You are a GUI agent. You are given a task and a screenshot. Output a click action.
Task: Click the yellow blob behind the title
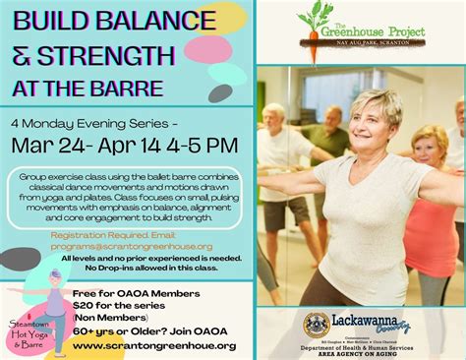(x=222, y=17)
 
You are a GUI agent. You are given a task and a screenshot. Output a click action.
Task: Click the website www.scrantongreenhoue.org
(x=154, y=345)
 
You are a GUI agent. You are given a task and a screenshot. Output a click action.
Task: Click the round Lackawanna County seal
(x=316, y=325)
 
